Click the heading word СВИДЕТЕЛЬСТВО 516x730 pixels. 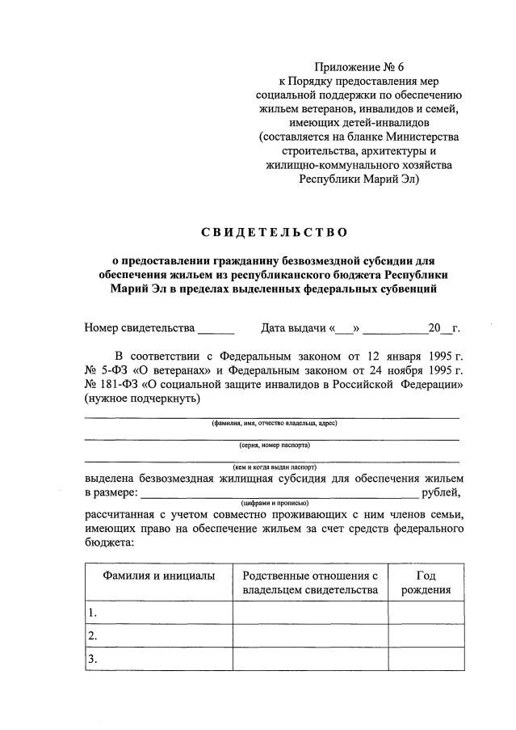click(x=274, y=233)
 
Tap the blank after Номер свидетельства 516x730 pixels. click(x=216, y=329)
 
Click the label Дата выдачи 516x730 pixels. click(x=296, y=328)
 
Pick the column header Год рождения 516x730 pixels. click(x=426, y=582)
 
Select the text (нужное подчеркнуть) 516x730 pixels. click(x=141, y=399)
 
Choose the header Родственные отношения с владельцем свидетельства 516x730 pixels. click(x=310, y=582)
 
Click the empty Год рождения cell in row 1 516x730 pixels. click(x=426, y=612)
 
